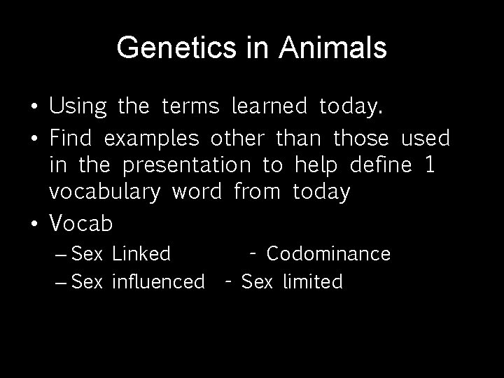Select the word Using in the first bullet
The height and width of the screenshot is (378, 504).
click(78, 107)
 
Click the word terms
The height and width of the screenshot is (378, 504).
click(190, 107)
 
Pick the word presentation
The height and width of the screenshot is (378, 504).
click(186, 166)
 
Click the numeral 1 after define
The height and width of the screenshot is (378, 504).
click(429, 165)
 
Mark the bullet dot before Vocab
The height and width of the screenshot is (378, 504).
click(34, 223)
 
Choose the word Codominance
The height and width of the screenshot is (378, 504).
click(328, 253)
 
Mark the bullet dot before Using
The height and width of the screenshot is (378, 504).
click(34, 108)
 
